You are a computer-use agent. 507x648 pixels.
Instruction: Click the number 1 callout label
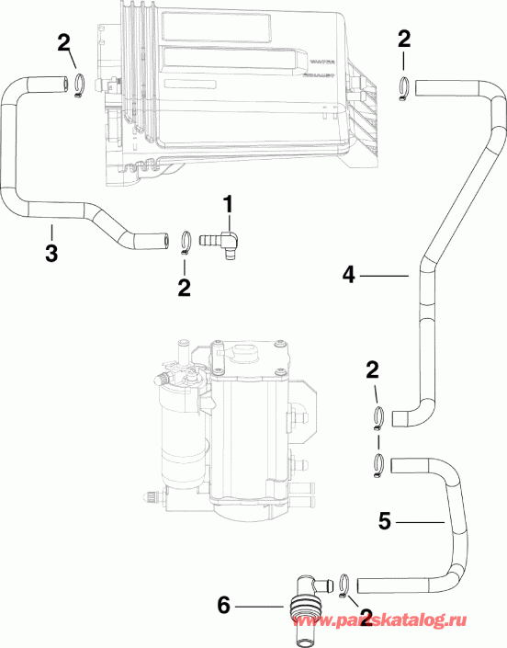[x=229, y=202]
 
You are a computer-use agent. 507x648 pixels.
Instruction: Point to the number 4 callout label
[x=348, y=273]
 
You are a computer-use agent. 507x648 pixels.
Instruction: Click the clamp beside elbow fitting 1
[x=186, y=241]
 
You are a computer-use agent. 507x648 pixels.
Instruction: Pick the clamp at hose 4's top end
[x=404, y=87]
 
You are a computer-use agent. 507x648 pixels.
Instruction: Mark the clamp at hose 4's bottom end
[x=379, y=417]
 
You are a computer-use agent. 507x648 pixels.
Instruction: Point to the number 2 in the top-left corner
[x=62, y=41]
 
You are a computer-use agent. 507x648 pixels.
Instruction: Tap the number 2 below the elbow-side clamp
[x=184, y=288]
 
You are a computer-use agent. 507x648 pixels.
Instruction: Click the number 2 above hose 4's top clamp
[x=404, y=38]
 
